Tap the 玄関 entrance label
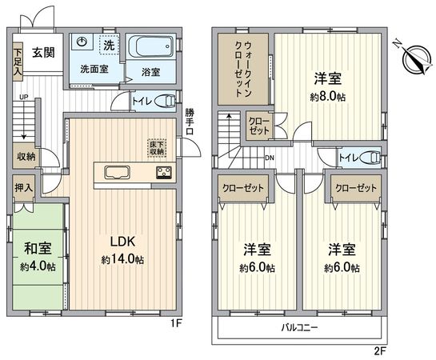(x=43, y=54)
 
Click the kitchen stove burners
(x=163, y=173)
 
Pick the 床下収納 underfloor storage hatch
(x=156, y=147)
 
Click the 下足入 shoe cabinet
(x=17, y=63)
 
